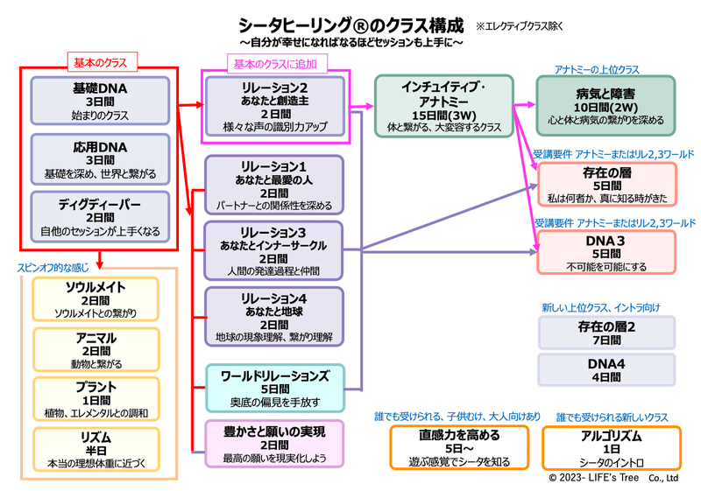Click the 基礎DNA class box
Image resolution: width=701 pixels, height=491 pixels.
(100, 101)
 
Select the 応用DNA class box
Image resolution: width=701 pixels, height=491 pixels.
(100, 159)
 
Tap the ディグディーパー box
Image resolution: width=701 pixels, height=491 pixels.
(100, 217)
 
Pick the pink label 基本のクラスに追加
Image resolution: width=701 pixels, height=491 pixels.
(277, 63)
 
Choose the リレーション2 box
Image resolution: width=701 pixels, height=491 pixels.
(275, 107)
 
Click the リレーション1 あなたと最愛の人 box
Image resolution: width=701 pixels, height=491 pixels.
(274, 186)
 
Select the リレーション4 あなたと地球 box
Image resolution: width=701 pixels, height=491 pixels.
(274, 317)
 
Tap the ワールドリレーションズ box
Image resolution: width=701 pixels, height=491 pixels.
(275, 388)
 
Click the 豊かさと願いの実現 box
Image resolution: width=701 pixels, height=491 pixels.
(274, 444)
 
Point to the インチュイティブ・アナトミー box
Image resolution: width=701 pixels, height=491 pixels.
(444, 106)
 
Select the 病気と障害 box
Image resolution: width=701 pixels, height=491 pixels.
(605, 106)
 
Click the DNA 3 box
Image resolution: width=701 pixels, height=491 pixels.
(606, 252)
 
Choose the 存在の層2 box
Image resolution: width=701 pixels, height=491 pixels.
(606, 333)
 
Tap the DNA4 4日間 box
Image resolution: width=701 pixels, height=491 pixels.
(606, 369)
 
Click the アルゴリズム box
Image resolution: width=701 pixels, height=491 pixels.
(612, 448)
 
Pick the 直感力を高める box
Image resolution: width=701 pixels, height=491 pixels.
(459, 447)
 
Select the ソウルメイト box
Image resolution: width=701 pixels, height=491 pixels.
(96, 299)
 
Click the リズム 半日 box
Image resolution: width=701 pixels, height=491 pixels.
(96, 450)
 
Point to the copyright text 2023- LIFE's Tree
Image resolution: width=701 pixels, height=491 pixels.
(594, 478)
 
